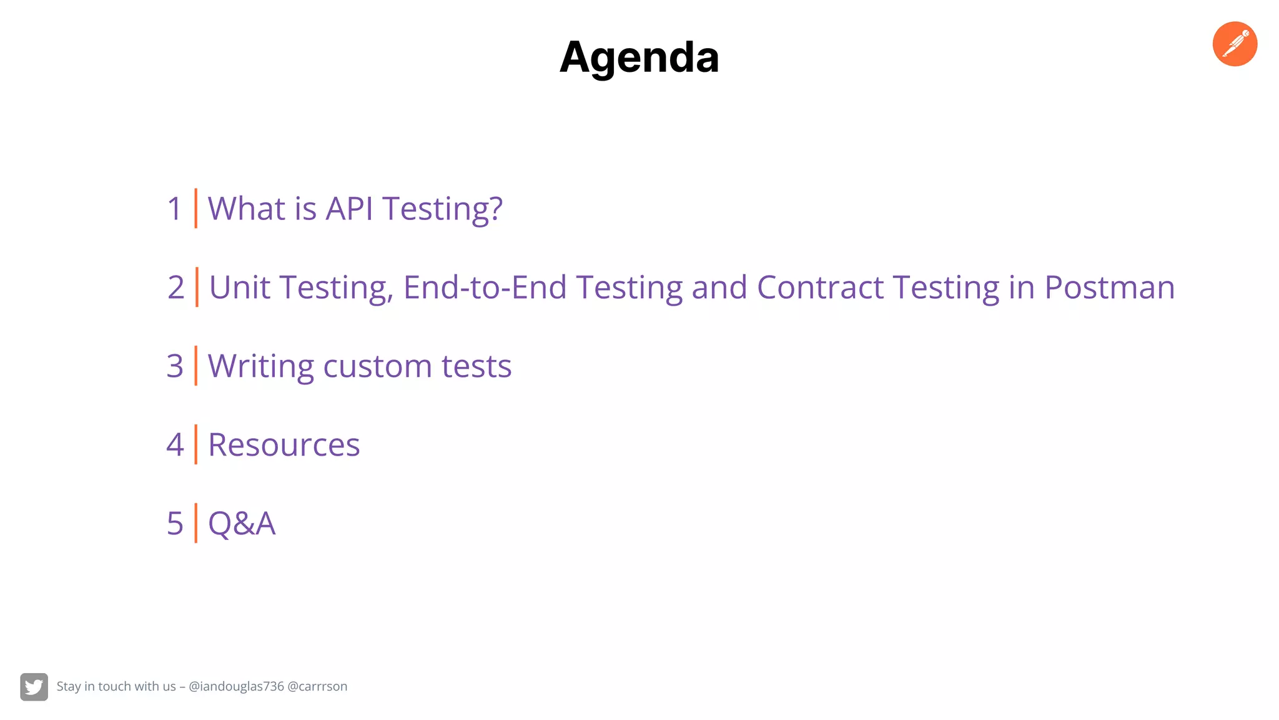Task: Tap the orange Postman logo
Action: coord(1235,44)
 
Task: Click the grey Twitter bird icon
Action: coord(34,687)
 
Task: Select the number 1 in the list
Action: coord(174,209)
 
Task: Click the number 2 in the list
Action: coord(175,287)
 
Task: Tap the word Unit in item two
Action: coord(239,287)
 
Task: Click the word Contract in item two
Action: coord(820,287)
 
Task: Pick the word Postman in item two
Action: coord(1109,287)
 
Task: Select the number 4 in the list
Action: coord(175,445)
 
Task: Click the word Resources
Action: coord(284,445)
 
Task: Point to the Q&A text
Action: coord(241,524)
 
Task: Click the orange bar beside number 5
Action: coord(195,523)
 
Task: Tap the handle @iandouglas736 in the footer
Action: coord(236,686)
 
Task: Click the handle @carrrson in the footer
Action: coord(317,686)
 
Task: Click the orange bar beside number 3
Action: coord(195,366)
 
